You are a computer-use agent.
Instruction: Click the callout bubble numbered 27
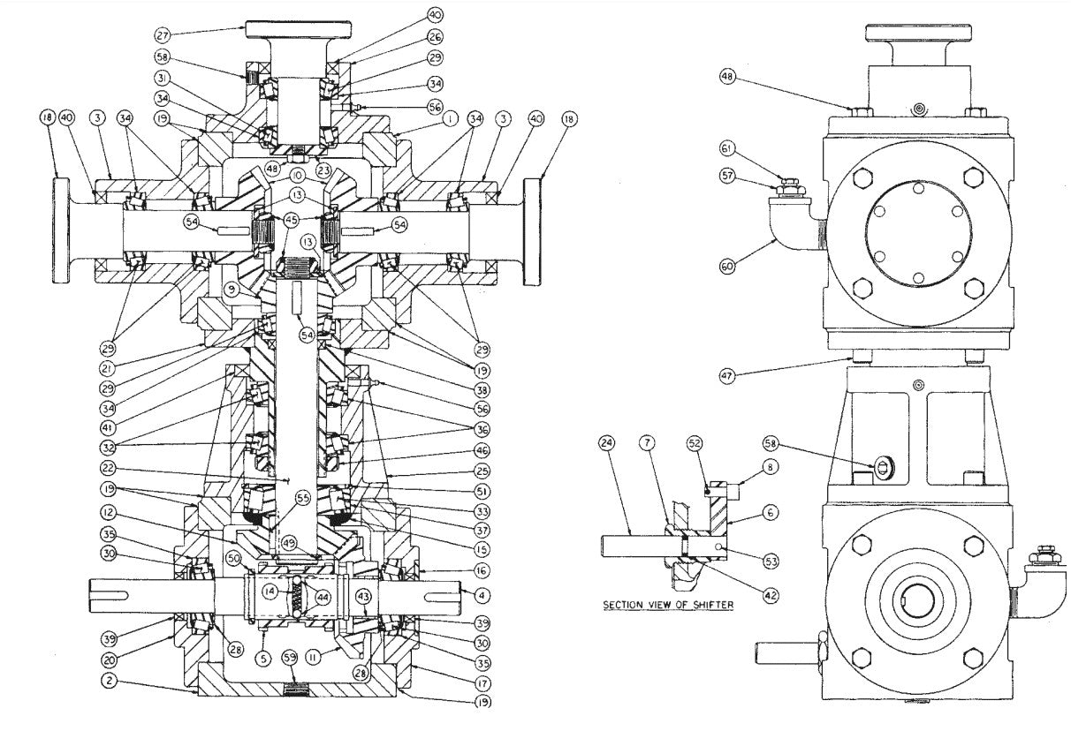coord(163,34)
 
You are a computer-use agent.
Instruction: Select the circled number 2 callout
coord(108,681)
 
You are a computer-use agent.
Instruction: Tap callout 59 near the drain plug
coord(290,657)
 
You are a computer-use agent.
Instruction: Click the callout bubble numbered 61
coord(727,148)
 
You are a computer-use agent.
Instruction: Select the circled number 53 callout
coord(770,560)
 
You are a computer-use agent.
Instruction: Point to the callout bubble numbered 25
coord(482,471)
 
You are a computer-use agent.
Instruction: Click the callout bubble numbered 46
coord(482,452)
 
